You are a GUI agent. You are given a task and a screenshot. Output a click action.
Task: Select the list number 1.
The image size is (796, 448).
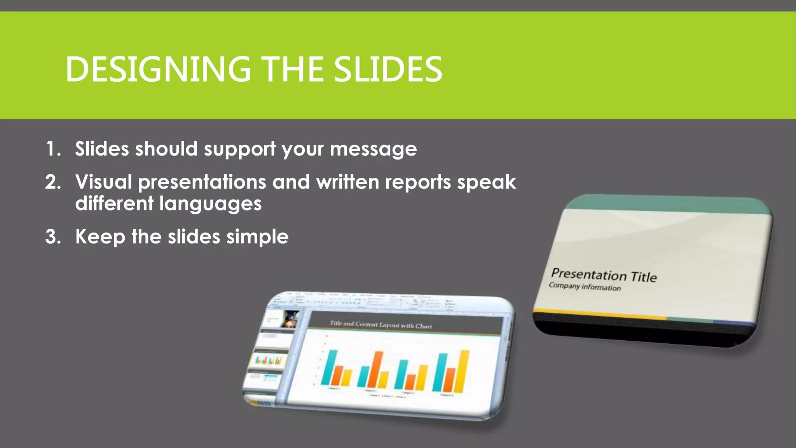pos(52,149)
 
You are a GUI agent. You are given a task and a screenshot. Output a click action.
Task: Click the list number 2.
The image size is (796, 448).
pos(53,182)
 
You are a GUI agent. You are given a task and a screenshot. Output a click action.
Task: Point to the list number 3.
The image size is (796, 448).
pos(53,236)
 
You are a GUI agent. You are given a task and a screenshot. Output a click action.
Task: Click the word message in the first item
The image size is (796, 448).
pos(373,149)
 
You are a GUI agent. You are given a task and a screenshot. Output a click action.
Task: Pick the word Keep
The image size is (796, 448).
pos(100,236)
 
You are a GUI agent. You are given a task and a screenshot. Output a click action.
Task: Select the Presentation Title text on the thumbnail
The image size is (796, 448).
pos(604,275)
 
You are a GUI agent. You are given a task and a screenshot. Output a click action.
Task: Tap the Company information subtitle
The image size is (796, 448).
pos(585,287)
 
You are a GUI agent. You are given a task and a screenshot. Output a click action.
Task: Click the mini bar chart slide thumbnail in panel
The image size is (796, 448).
pos(268,360)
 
